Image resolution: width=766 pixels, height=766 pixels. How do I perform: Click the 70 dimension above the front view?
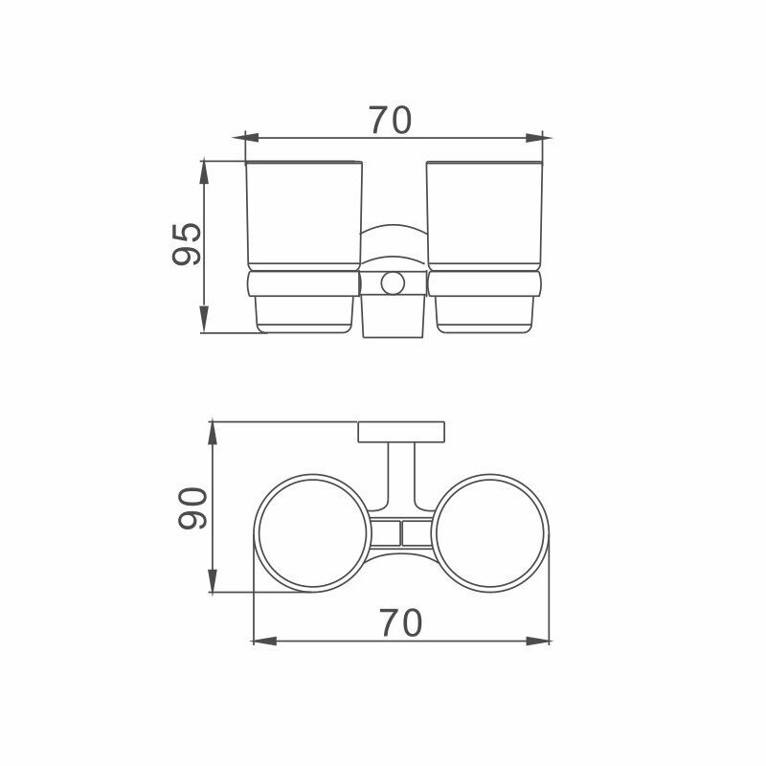click(x=391, y=121)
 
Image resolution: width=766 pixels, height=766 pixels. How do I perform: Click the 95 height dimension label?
click(x=187, y=244)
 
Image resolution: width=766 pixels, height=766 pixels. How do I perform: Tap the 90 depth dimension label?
click(x=193, y=508)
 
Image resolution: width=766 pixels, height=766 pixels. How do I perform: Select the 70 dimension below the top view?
click(x=400, y=623)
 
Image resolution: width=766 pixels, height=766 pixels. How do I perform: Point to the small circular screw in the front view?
click(x=393, y=283)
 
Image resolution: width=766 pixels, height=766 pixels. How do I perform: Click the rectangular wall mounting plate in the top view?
click(x=401, y=432)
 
